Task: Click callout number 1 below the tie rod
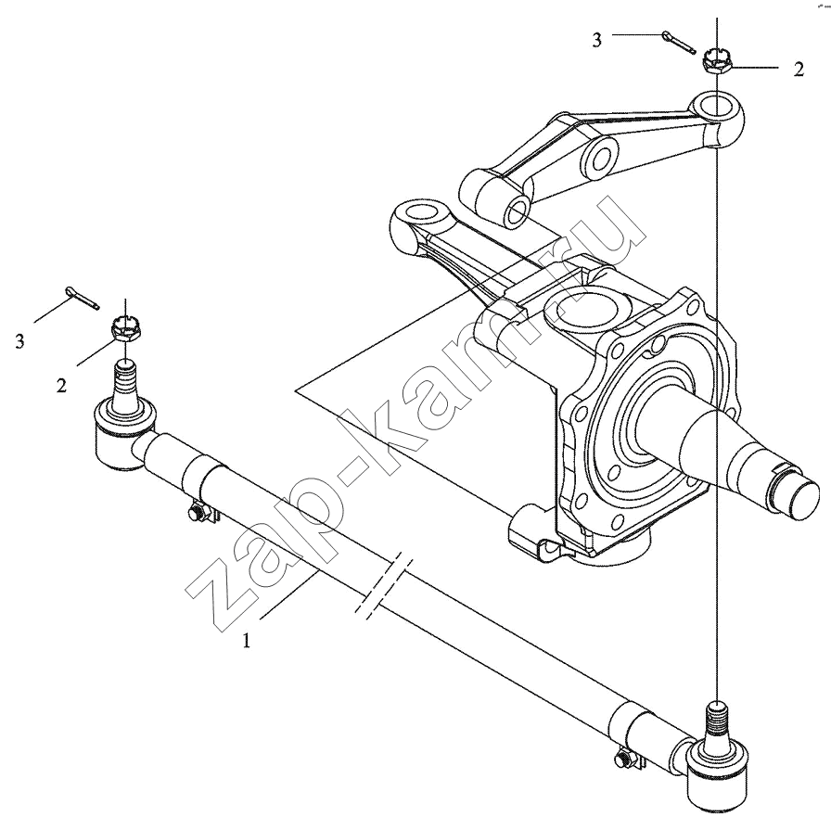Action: pos(246,640)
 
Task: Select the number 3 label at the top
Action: pos(598,40)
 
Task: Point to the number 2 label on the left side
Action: pos(61,385)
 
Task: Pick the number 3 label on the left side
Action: pos(20,341)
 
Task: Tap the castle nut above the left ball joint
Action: pos(124,328)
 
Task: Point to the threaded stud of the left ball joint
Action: pos(124,379)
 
